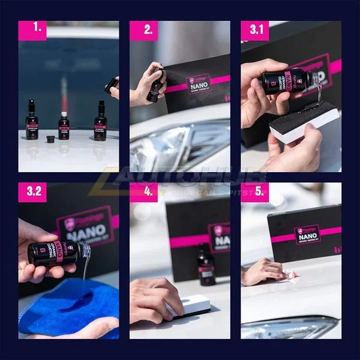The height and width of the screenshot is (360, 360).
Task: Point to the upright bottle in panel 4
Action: tap(206, 264)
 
